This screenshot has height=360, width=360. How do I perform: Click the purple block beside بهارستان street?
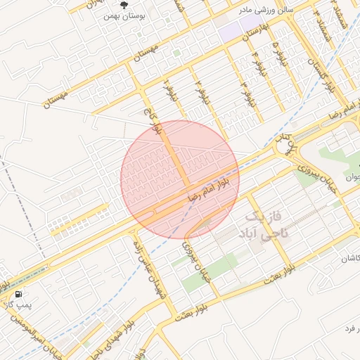point(230,31)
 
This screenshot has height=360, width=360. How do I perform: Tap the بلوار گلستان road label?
point(319,70)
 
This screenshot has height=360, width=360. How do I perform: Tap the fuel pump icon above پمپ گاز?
point(17,294)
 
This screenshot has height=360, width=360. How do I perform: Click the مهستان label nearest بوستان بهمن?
point(163,51)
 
